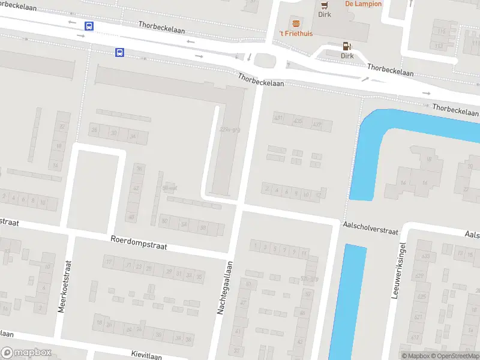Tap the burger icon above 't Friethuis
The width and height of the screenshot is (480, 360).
pos(295,23)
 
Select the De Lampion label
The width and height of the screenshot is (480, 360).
pos(363,4)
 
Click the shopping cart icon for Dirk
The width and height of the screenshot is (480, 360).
pos(324,4)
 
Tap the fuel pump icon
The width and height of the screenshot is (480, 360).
pos(346,46)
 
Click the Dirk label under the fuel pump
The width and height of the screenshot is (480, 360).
pos(347,56)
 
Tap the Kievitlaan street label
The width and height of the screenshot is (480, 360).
pos(146,355)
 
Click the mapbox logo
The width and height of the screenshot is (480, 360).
pos(26,353)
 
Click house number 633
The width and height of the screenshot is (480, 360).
pos(425,256)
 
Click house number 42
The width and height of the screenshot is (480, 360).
pos(136,188)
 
